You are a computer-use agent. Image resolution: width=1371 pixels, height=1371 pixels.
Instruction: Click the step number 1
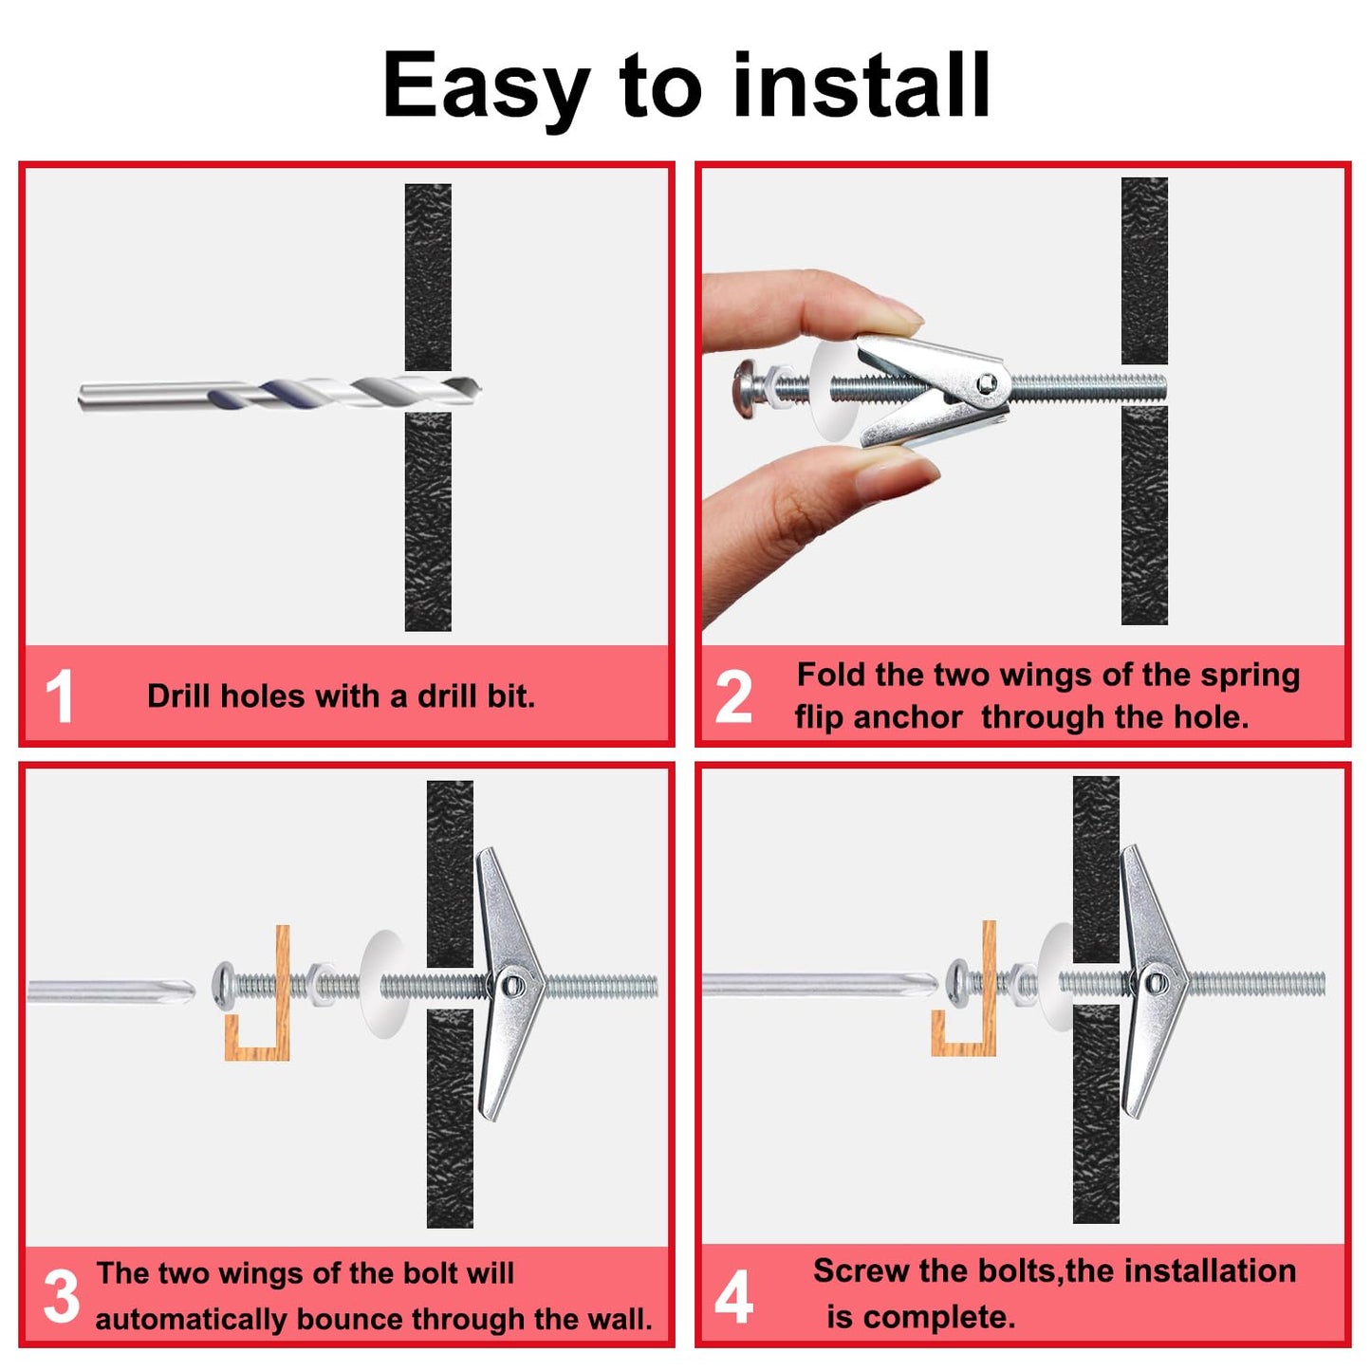click(59, 697)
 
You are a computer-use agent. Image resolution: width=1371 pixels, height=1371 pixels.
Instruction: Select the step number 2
click(733, 697)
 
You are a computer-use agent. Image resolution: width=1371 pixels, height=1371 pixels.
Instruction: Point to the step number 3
click(61, 1297)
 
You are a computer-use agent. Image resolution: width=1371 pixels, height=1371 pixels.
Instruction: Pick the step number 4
click(733, 1296)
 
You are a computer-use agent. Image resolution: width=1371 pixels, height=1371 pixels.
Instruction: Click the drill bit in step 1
click(280, 394)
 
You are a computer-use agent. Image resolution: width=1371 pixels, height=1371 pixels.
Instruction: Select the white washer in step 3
click(384, 984)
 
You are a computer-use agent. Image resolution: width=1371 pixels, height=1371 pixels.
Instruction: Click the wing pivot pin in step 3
click(513, 986)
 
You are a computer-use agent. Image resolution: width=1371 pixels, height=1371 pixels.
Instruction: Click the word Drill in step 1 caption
click(180, 695)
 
